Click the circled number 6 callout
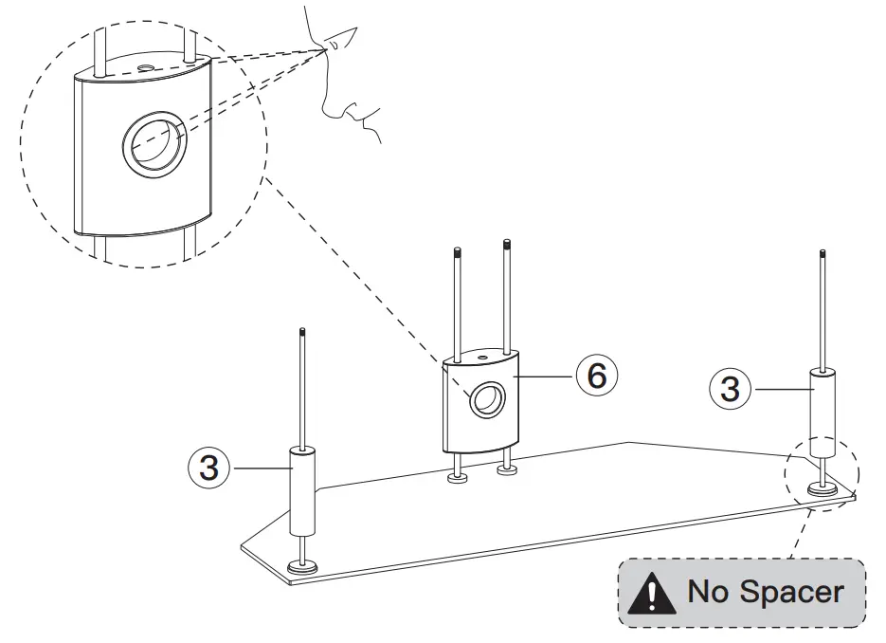pyautogui.click(x=595, y=376)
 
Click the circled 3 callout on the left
pyautogui.click(x=209, y=468)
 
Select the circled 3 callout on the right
pyautogui.click(x=731, y=389)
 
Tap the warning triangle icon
pyautogui.click(x=656, y=594)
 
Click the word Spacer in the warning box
pyautogui.click(x=792, y=592)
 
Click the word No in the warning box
pyautogui.click(x=708, y=592)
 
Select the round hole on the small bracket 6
pyautogui.click(x=488, y=400)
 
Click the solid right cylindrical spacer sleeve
pyautogui.click(x=822, y=402)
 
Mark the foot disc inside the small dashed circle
pyautogui.click(x=820, y=490)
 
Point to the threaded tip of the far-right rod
pyautogui.click(x=824, y=254)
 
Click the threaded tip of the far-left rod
pyautogui.click(x=301, y=332)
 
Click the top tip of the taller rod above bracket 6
pyautogui.click(x=508, y=244)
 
